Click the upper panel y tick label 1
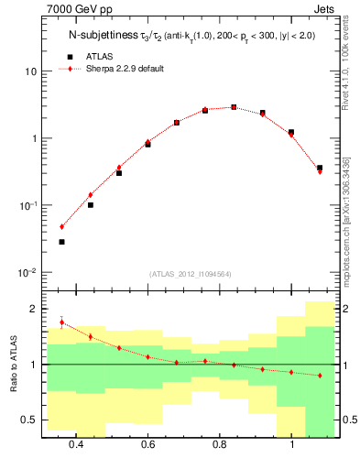34,138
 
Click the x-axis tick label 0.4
75,445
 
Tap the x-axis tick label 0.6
147,445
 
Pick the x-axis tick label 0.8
220,445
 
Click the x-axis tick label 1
291,445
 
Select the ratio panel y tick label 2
34,309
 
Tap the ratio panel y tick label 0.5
29,420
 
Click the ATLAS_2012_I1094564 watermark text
188,273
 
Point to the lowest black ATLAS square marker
61,242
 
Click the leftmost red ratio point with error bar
61,322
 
